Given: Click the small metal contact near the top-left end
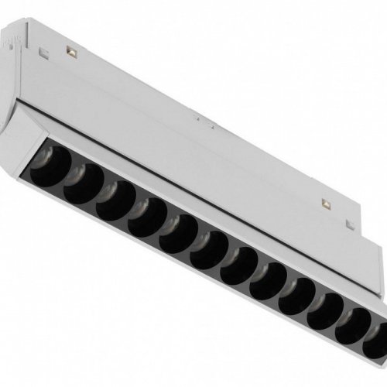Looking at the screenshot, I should tap(71, 51).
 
